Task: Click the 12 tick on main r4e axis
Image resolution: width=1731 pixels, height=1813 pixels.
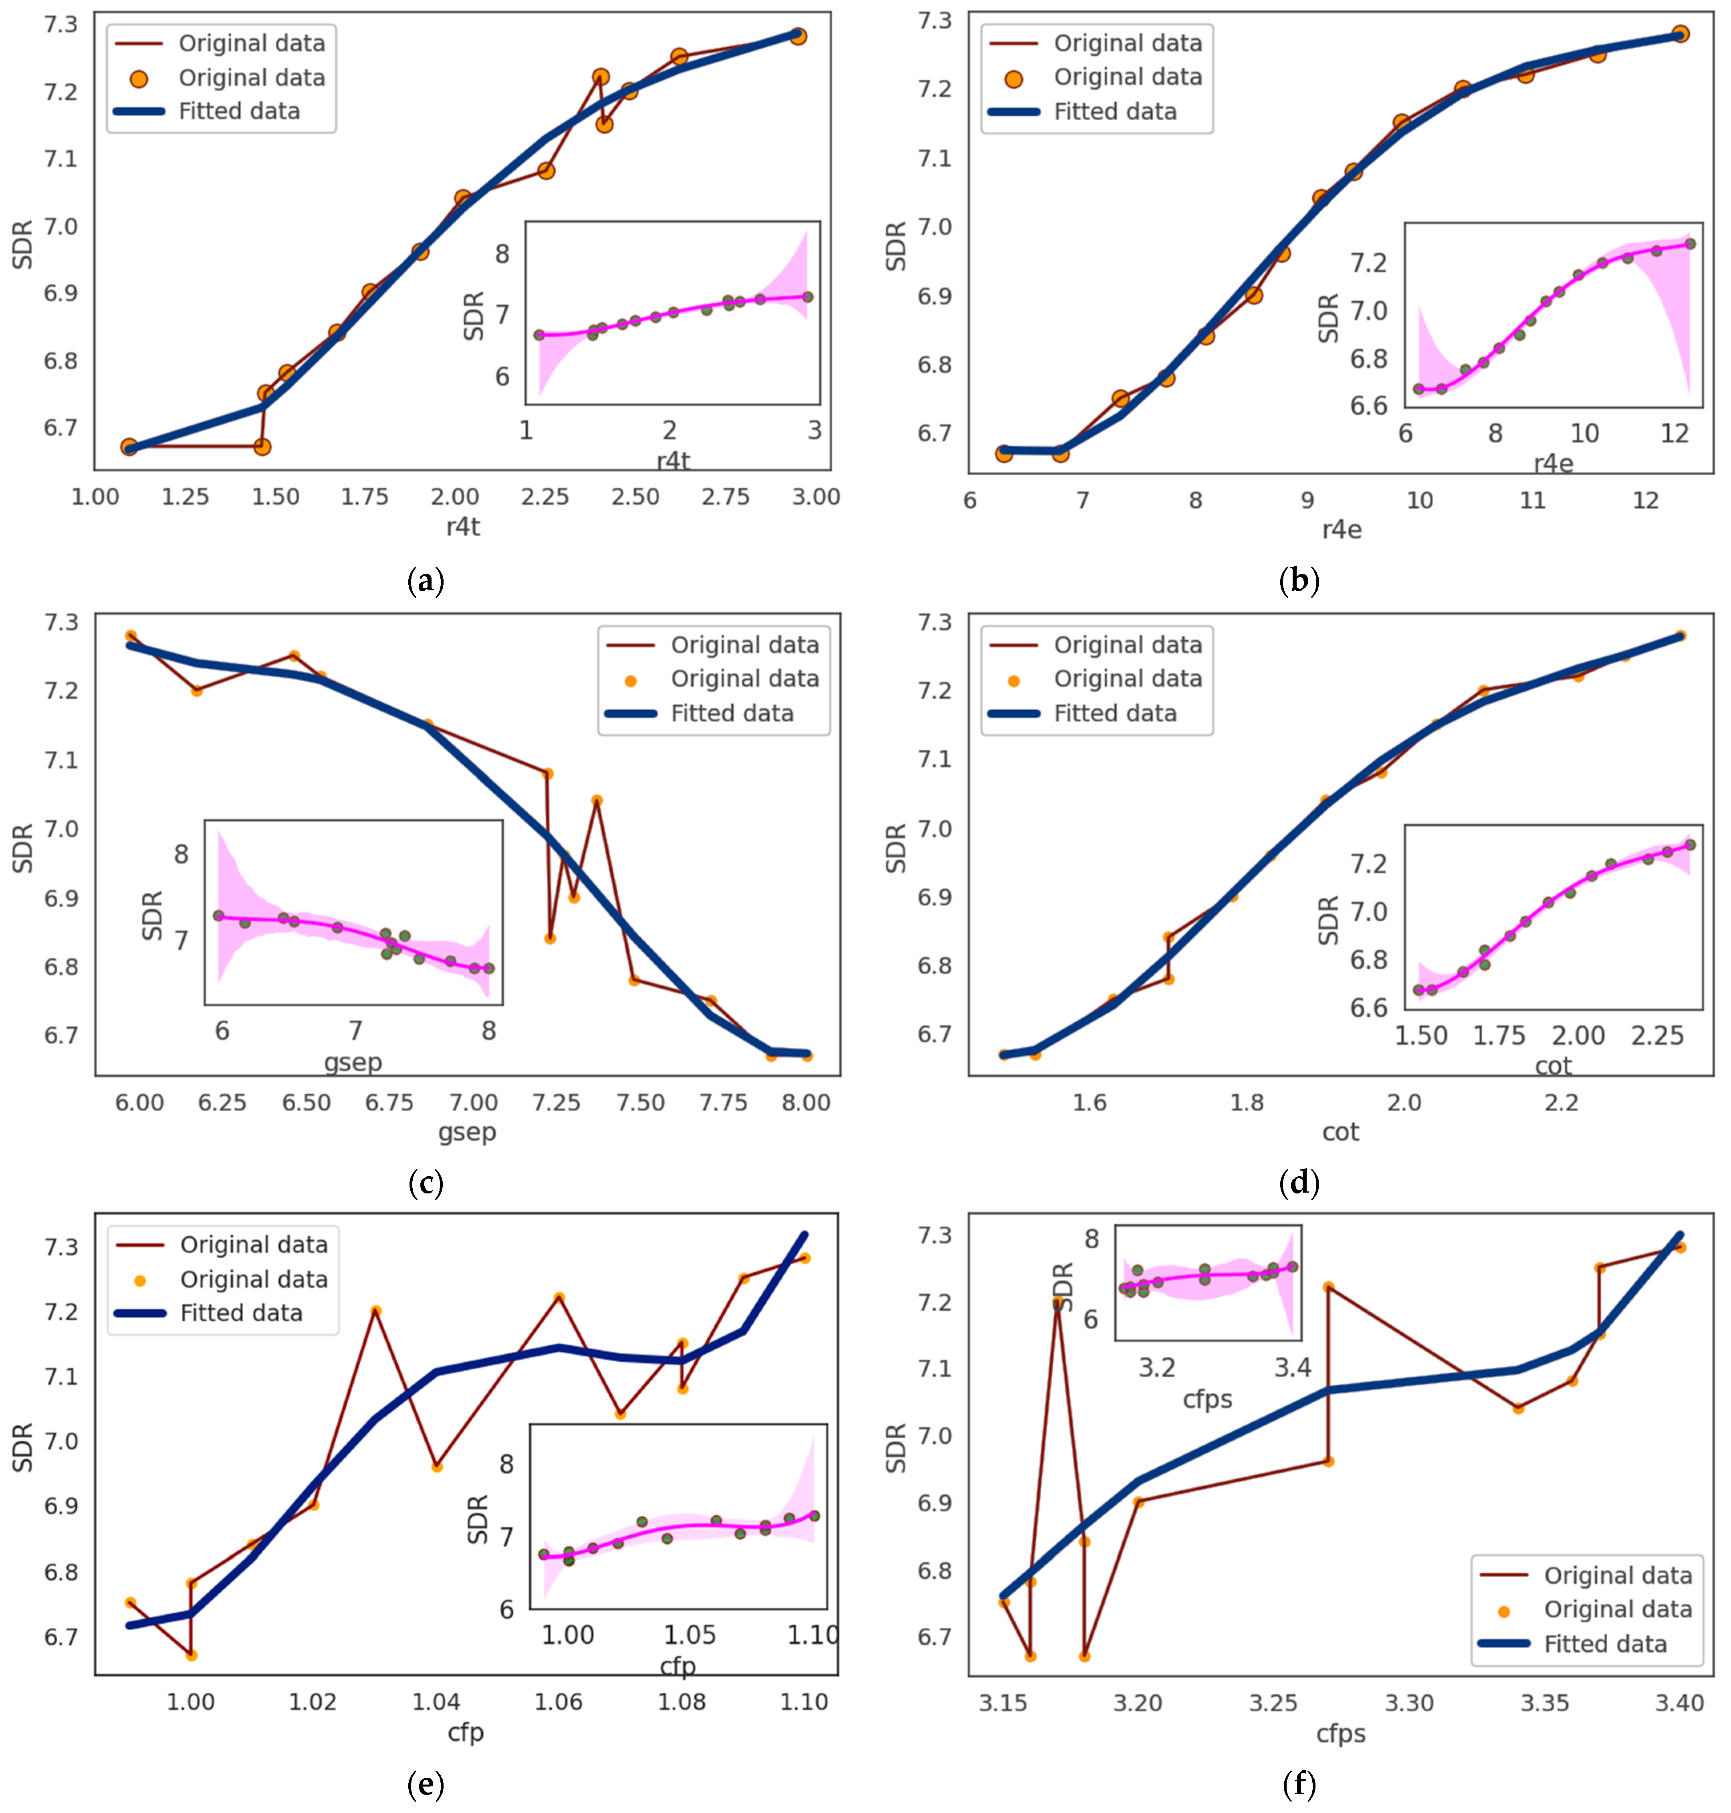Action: pos(1645,500)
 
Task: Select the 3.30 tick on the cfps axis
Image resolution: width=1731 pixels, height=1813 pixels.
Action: pos(1409,1702)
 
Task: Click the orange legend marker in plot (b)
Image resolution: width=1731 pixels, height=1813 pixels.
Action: pos(1013,79)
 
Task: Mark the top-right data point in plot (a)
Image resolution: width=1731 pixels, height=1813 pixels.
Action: pos(798,36)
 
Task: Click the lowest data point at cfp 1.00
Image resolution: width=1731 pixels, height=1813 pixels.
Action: pos(191,1655)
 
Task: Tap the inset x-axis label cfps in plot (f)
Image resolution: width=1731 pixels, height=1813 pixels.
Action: pos(1207,1400)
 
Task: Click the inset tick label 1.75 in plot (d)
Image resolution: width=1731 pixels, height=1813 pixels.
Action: pos(1499,1036)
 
